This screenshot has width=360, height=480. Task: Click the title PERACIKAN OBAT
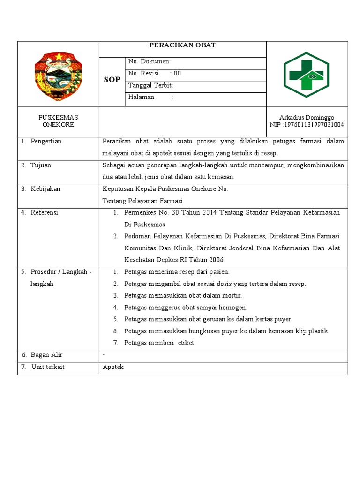pos(182,45)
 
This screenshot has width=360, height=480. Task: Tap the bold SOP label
pos(112,80)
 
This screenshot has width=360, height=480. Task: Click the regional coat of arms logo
pos(58,74)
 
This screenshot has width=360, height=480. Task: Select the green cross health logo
pos(307,74)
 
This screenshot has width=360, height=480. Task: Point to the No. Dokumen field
pos(150,61)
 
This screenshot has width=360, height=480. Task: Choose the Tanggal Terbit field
pos(150,85)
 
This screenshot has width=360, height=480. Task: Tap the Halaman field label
pos(142,97)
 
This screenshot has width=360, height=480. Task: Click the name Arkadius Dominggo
pos(307,117)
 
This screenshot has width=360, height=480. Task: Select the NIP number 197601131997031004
pos(307,125)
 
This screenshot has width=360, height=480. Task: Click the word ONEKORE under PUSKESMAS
pos(58,125)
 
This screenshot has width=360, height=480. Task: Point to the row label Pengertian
pos(46,141)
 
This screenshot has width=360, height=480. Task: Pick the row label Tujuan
pos(41,165)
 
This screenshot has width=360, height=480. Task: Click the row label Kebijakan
pos(45,189)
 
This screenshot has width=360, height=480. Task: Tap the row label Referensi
pos(44,212)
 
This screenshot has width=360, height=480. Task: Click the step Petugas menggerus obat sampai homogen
pos(186,307)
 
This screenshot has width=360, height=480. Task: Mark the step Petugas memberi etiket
pos(159,343)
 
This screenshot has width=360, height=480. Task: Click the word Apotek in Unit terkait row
pos(113,367)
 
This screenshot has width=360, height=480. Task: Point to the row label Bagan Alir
pos(46,355)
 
